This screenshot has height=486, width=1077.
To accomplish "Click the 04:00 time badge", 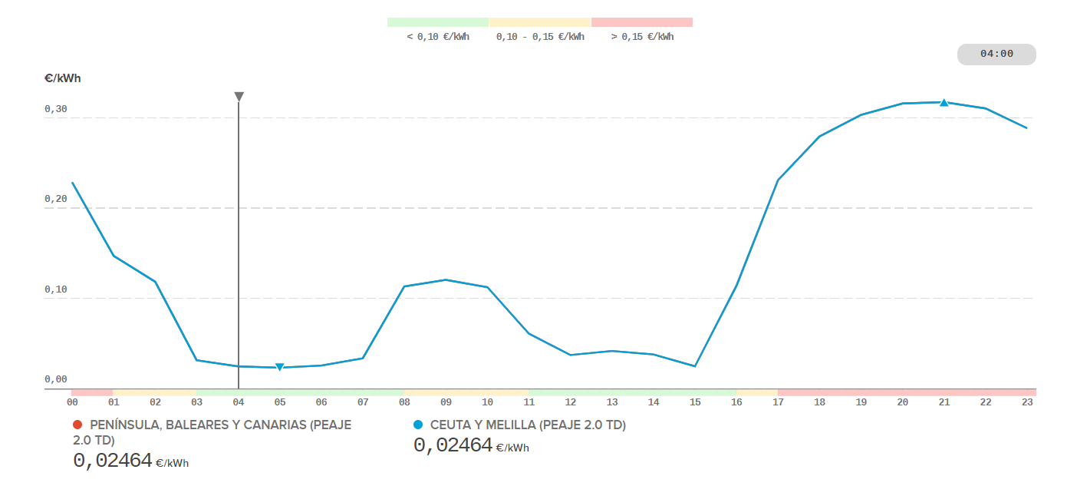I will tap(996, 55).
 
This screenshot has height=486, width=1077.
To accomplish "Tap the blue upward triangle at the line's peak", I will tap(944, 102).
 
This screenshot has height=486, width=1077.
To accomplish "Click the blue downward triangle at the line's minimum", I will tap(280, 367).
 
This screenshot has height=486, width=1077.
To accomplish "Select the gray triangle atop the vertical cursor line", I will tap(239, 97).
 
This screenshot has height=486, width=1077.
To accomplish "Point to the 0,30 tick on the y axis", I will tap(56, 110).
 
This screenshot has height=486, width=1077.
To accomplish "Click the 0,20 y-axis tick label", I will tap(56, 200).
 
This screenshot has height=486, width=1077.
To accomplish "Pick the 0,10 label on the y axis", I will tap(56, 290).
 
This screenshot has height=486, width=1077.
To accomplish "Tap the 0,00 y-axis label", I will tap(56, 379).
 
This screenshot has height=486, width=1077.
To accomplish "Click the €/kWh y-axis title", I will tap(63, 78).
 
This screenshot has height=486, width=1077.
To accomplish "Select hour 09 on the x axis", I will tap(446, 402).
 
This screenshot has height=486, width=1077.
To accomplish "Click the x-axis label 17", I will tap(778, 402).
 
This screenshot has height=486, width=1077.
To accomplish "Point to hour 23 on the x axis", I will tap(1028, 402).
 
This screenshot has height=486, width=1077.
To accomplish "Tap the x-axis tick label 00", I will tap(73, 402).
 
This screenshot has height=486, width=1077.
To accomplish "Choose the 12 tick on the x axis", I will tap(571, 402).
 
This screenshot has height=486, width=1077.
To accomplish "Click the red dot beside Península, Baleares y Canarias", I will tap(77, 425).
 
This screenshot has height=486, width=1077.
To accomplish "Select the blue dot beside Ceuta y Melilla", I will tap(418, 425).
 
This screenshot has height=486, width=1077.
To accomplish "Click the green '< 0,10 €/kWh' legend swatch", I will tap(438, 22).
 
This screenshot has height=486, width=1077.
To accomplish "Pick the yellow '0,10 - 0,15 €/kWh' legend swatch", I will tap(540, 22).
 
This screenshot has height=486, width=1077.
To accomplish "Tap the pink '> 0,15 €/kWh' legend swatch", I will tap(642, 22).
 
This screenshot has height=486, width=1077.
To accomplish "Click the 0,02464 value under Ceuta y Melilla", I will tap(453, 445).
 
